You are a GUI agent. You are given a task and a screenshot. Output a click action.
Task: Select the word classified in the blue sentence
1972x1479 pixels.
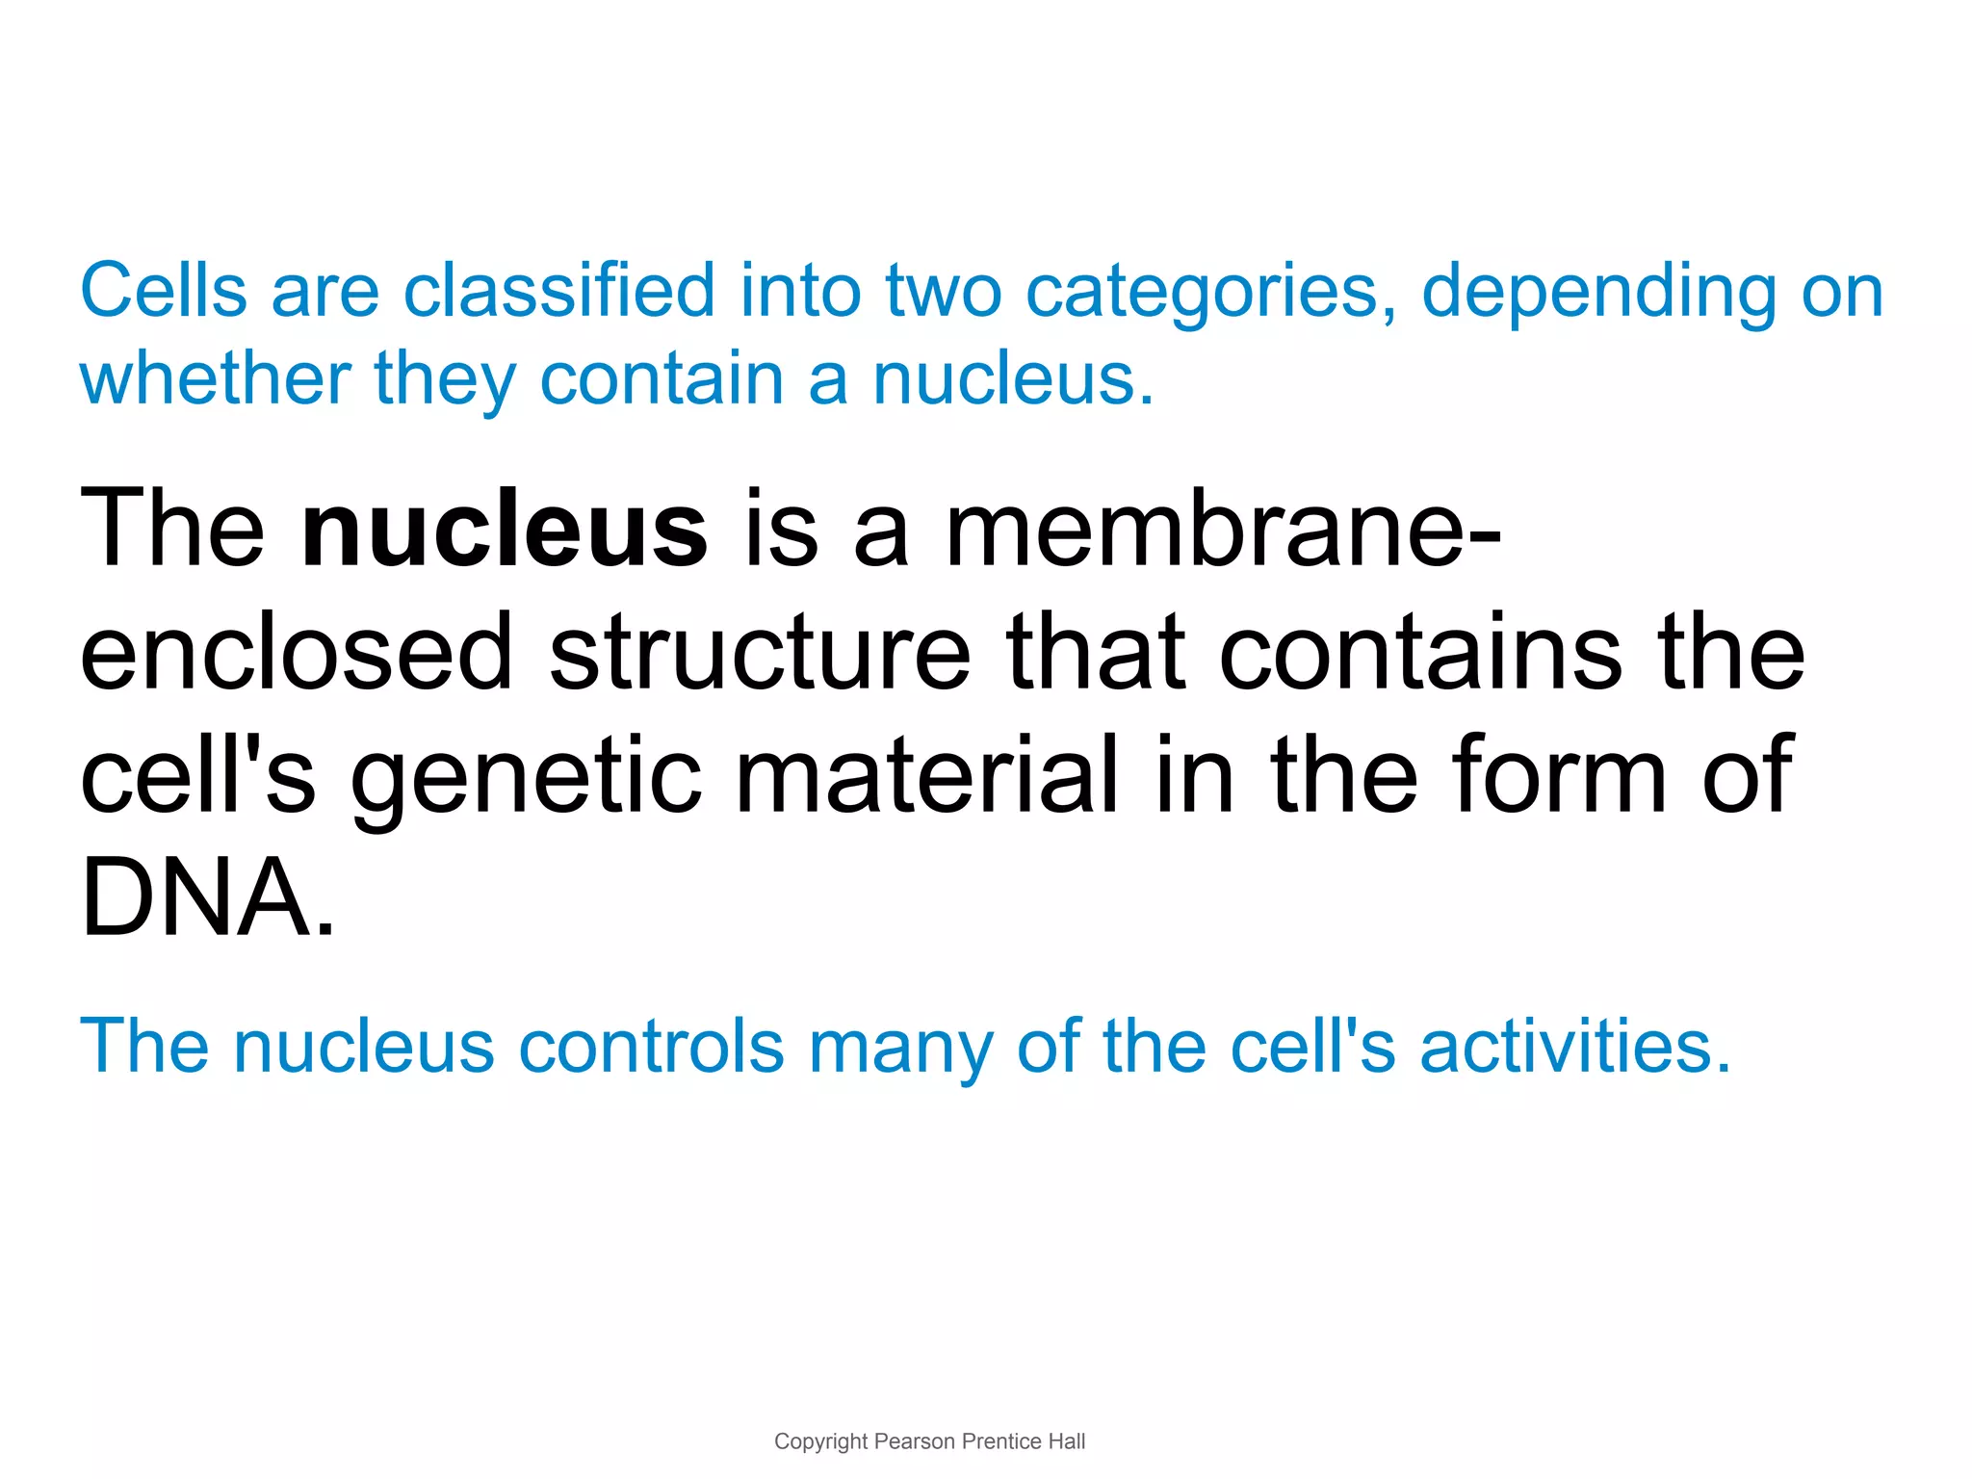click(558, 290)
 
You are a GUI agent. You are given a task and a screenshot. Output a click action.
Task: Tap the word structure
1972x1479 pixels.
click(760, 653)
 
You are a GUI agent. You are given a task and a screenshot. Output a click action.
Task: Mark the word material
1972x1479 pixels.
click(928, 775)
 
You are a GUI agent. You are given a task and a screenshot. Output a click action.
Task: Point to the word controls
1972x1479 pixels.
click(652, 1047)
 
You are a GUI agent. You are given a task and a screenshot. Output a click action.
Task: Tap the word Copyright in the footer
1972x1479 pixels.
click(820, 1441)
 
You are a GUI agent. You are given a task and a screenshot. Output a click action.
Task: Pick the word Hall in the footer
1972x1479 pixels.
click(1067, 1441)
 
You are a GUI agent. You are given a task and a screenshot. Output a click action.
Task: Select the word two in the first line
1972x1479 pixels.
click(944, 292)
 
